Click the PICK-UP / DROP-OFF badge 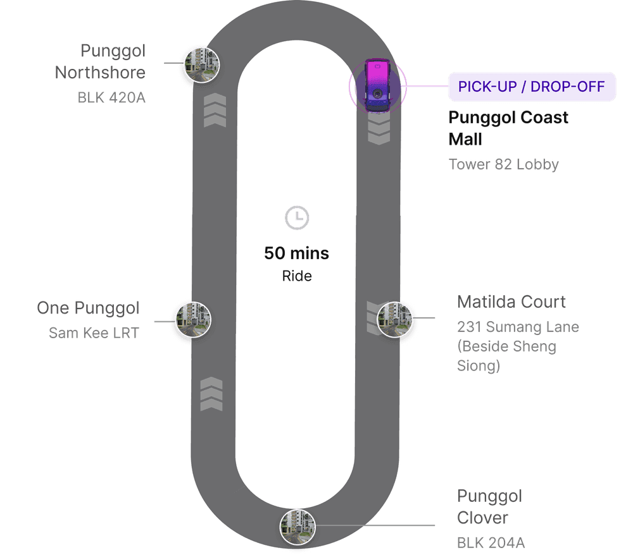(532, 87)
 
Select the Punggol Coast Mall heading (508, 128)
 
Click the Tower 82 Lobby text (504, 165)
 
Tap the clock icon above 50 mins (297, 218)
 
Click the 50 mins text (297, 253)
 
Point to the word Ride (297, 276)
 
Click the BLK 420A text (111, 98)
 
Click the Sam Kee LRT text (94, 332)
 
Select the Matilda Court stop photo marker (395, 319)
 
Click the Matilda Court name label (511, 302)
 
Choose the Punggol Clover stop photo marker (298, 526)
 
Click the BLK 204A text (491, 543)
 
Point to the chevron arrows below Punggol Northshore (215, 111)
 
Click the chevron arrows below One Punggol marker (211, 394)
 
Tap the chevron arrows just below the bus (379, 130)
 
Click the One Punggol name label (88, 308)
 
